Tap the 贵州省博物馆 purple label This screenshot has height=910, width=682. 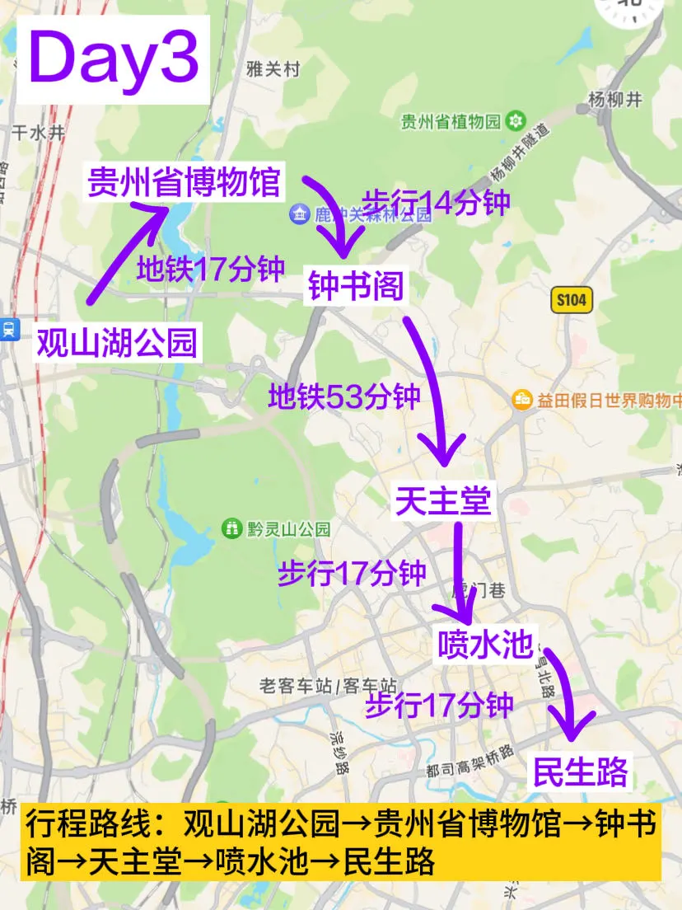[x=185, y=182]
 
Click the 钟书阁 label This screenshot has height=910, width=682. [x=356, y=287]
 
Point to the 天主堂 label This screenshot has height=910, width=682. [x=443, y=500]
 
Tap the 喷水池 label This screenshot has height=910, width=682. [x=486, y=644]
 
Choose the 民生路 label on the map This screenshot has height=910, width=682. [x=580, y=772]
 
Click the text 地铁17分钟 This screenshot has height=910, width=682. [x=211, y=269]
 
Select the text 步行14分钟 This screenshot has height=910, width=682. [x=437, y=202]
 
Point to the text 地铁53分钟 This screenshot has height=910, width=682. [x=344, y=398]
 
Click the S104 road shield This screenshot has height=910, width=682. [x=571, y=300]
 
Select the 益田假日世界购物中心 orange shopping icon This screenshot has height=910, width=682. [x=522, y=401]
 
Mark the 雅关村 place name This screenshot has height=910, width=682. [x=272, y=70]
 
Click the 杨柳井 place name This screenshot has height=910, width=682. [x=614, y=100]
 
